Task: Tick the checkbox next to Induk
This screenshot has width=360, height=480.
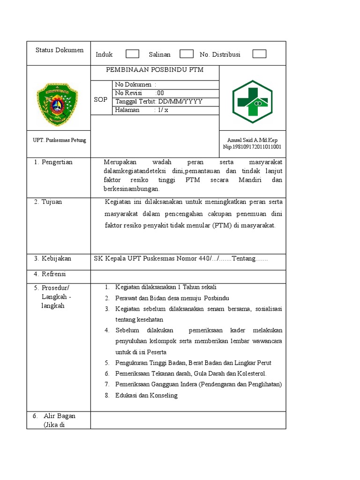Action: [132, 54]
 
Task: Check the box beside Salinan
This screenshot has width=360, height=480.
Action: [186, 54]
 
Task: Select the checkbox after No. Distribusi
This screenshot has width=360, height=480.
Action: [259, 54]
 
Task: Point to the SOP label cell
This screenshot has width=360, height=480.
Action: [100, 99]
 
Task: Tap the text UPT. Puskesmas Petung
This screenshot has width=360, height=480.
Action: [59, 140]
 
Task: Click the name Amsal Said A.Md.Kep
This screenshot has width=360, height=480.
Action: [252, 140]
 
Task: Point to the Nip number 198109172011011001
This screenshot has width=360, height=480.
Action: [252, 147]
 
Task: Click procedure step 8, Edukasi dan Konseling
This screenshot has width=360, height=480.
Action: [146, 395]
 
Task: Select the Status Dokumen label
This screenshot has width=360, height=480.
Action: [60, 50]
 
